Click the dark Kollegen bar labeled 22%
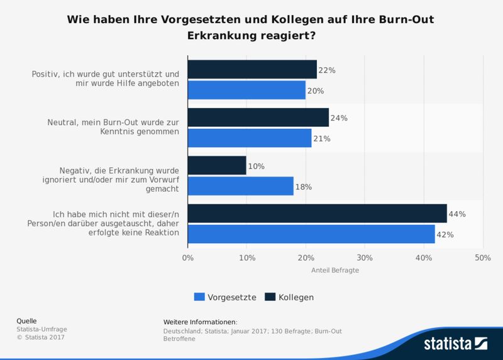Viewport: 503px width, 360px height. tap(251, 70)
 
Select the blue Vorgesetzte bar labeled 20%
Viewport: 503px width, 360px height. tap(246, 90)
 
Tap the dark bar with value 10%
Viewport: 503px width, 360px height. tap(217, 166)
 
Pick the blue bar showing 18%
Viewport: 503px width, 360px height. tap(240, 186)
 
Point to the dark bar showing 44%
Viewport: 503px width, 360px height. tap(317, 214)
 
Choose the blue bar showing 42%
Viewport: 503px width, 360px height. tap(311, 234)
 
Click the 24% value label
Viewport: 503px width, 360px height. tap(340, 118)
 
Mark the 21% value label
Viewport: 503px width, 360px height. tap(322, 138)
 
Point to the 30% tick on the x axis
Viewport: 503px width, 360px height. tap(365, 258)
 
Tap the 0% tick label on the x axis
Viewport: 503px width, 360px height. tap(187, 258)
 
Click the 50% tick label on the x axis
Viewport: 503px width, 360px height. tap(482, 258)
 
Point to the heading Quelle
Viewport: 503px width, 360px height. tap(26, 321)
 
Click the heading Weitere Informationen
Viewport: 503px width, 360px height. tap(200, 322)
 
